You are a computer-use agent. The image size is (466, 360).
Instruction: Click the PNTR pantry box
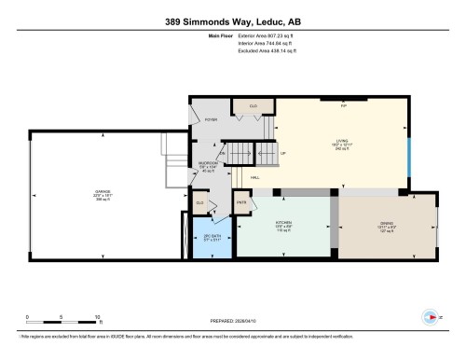coord(240,202)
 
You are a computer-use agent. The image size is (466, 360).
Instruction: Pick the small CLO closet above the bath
coord(199,201)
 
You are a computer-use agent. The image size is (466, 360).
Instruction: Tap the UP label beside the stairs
coord(283,154)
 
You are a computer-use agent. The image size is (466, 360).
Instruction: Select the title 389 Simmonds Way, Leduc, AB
coord(232,19)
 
